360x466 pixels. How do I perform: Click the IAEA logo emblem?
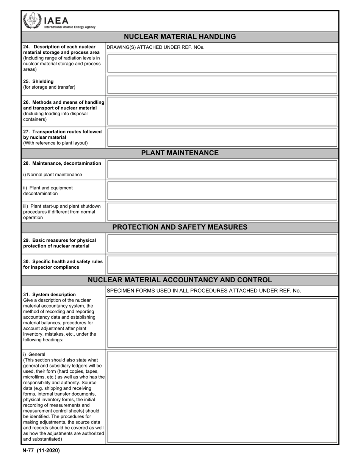pos(31,20)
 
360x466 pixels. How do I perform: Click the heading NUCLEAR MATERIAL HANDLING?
pos(180,37)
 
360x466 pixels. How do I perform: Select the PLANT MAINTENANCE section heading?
pos(180,153)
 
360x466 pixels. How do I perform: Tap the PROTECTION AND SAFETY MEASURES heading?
pos(180,227)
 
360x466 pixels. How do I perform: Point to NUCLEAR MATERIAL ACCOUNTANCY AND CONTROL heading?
pos(180,280)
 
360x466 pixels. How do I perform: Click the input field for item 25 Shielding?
pos(222,84)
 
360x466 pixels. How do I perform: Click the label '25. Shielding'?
pos(38,81)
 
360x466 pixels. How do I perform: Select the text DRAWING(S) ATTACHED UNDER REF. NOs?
pos(155,47)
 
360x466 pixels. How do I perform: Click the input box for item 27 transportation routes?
pos(222,138)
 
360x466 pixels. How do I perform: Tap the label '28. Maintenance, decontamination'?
pos(62,163)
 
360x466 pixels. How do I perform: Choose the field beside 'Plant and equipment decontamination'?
pos(222,191)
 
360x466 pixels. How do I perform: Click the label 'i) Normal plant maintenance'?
pos(52,175)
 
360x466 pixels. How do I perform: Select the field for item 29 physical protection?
pos(222,243)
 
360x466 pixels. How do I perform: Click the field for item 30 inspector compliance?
pos(222,264)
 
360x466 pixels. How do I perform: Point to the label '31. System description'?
pos(49,294)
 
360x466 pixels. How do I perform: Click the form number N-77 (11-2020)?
pos(41,450)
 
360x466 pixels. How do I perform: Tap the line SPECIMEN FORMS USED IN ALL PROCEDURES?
pos(203,291)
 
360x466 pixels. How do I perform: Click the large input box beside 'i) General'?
pos(222,397)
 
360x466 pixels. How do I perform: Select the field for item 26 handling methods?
pos(222,111)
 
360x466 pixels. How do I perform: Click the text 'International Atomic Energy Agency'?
pos(70,27)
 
